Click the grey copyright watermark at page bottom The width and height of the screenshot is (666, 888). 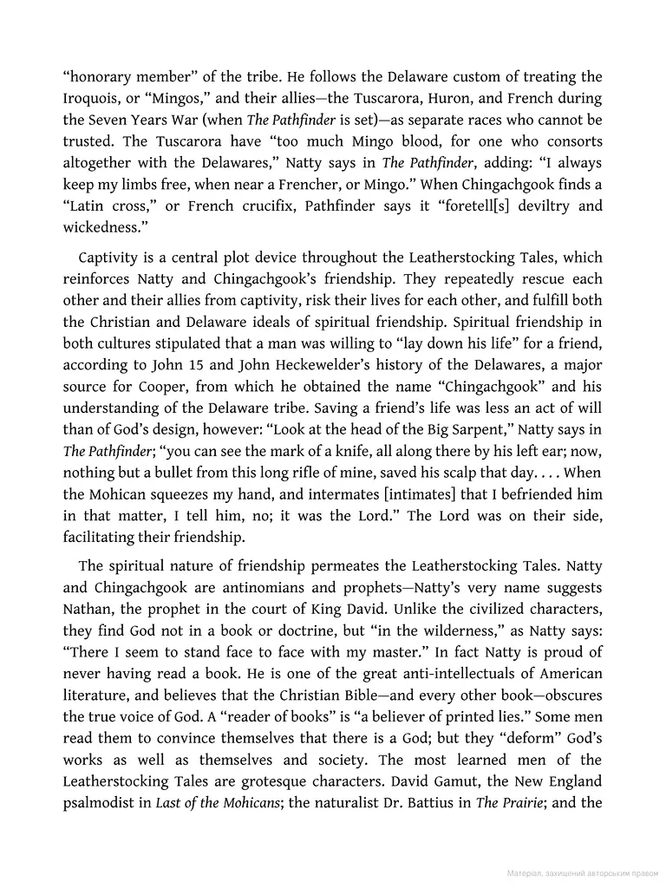click(x=582, y=872)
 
